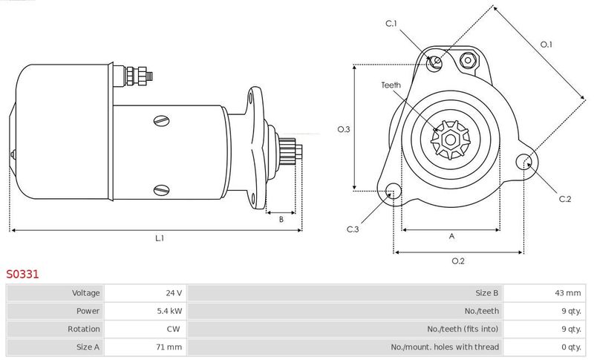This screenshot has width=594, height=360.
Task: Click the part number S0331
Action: coord(22,274)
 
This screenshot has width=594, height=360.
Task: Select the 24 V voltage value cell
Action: coord(174,293)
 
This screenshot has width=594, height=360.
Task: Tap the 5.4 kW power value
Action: coord(169,311)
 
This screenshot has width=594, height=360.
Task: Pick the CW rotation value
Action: coord(173,329)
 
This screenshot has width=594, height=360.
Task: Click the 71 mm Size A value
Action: coord(169,347)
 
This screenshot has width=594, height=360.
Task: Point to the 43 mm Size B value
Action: coord(567,293)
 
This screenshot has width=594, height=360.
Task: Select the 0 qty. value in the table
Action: coord(571,347)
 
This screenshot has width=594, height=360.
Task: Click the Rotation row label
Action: coord(84,329)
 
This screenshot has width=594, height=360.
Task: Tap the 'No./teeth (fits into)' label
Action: coord(463,329)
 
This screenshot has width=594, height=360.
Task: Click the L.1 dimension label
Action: coord(160,238)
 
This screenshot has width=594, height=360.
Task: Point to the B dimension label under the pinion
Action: coord(281,219)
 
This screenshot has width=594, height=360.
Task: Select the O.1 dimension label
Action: coord(546,45)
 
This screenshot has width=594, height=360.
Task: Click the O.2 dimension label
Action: coord(458,261)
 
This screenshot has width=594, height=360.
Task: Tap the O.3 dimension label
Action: coord(344,129)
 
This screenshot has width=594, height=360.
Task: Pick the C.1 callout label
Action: coord(391,24)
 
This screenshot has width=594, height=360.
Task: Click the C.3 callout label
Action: coord(352,229)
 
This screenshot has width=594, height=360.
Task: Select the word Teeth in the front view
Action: coord(391,85)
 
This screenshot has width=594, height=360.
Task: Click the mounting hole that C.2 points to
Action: coord(524,162)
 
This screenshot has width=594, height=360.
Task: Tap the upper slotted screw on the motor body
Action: coord(162,121)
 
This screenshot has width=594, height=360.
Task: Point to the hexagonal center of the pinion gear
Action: coord(450,140)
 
